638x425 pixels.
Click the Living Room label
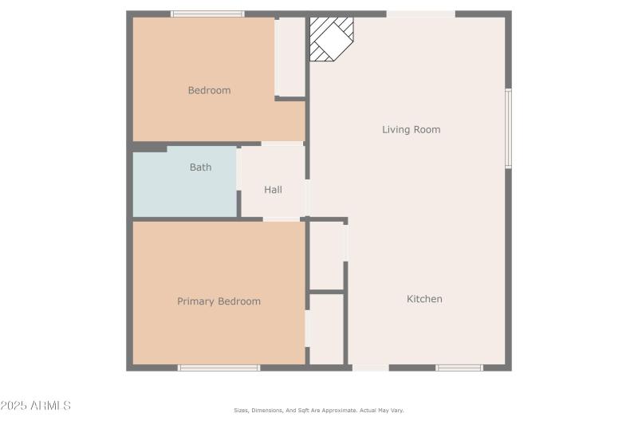point(411,129)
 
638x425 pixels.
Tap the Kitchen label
point(424,299)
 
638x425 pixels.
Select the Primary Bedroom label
point(219,301)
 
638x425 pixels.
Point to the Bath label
point(200,167)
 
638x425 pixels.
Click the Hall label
point(273,190)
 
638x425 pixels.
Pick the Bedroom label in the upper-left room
point(209,90)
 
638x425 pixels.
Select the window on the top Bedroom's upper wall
point(207,14)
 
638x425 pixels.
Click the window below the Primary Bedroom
point(219,368)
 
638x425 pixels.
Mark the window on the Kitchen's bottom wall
point(459,368)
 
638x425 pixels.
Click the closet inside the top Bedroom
point(290,57)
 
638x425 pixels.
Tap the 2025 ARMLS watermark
point(36,406)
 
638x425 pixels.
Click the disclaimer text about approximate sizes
point(318,410)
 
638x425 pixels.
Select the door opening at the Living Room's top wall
point(420,14)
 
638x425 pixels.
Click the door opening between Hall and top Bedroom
point(282,144)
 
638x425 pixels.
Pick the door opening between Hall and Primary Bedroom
point(281,218)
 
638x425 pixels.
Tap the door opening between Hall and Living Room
point(307,198)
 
